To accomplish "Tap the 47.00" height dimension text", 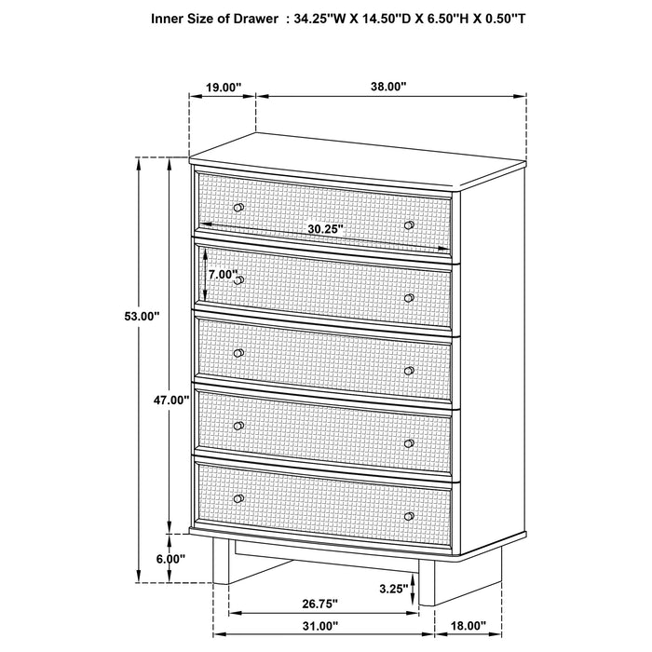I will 171,401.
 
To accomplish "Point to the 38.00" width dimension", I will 388,87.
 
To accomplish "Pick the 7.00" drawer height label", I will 223,275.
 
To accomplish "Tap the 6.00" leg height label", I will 170,559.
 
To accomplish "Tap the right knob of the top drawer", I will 409,225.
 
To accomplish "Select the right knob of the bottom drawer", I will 409,515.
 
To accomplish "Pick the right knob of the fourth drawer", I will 409,442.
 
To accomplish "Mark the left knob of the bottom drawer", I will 239,498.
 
